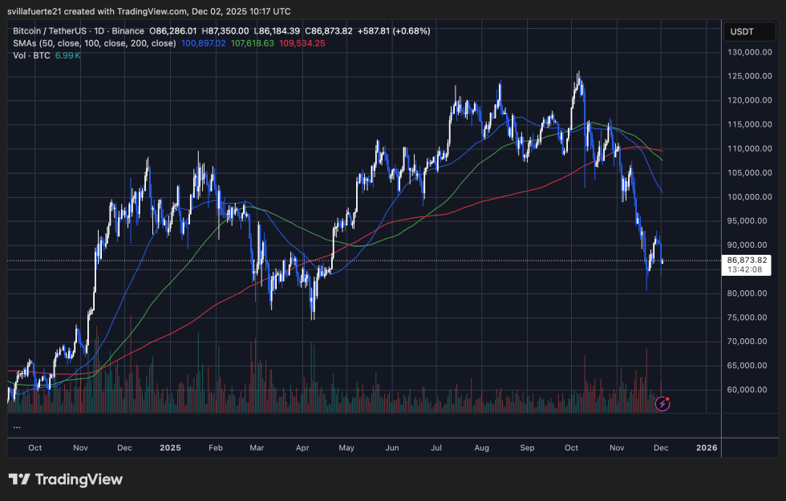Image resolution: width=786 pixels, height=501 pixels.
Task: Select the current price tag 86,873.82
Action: coord(748,261)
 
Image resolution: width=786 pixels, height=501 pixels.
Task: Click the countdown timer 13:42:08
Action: coord(746,270)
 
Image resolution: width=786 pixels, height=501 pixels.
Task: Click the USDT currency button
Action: coord(741,32)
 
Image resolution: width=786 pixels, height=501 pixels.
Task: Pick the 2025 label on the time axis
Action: coord(171,446)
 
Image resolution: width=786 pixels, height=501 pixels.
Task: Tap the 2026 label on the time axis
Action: coord(707,446)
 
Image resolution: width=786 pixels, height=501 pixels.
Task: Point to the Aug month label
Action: coord(482,446)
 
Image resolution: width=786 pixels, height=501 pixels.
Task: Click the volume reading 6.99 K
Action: coord(69,55)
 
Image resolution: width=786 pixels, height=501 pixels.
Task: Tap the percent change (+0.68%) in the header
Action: coord(409,30)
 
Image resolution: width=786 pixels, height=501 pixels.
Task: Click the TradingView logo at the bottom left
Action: coord(66,479)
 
